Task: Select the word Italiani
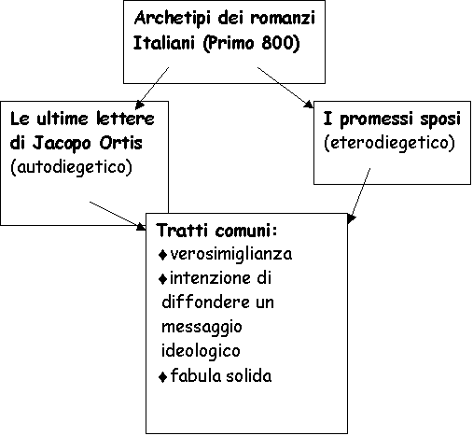163,43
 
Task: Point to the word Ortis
120,143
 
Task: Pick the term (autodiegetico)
71,167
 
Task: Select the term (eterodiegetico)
389,143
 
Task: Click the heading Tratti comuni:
217,231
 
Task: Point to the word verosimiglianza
231,255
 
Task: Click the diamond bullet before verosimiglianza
162,255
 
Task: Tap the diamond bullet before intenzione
162,279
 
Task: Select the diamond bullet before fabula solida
162,377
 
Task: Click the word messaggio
202,328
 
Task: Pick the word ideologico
201,351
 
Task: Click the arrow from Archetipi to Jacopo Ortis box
152,89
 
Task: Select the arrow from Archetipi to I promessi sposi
285,88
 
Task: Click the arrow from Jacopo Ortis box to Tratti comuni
118,216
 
